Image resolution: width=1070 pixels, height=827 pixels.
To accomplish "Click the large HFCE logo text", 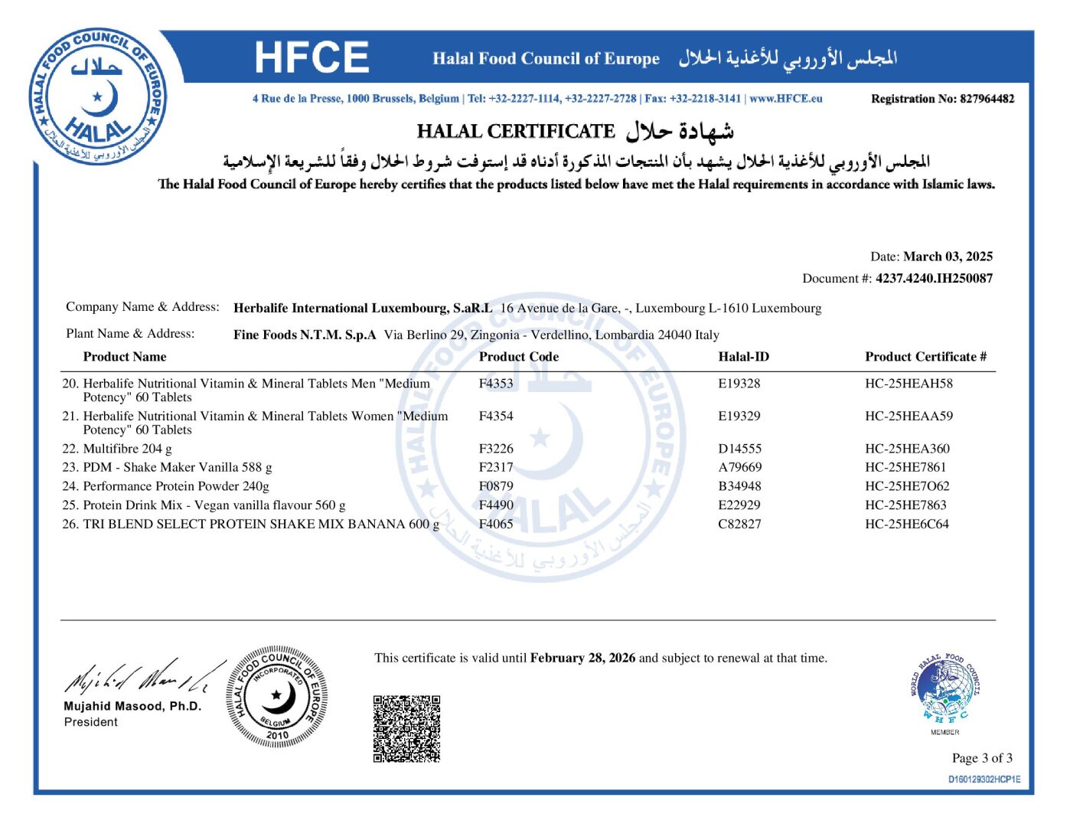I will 312,57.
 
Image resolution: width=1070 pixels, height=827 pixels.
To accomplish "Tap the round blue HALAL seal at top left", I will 98,98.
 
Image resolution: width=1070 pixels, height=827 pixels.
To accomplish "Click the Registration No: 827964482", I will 942,99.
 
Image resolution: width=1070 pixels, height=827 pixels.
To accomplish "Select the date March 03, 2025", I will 948,257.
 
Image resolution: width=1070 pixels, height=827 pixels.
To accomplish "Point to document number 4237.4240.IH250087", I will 934,279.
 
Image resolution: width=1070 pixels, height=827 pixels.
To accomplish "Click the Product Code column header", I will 518,357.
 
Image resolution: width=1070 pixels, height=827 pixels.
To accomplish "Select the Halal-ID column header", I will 743,357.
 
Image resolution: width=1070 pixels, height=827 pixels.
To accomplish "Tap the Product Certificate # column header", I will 925,357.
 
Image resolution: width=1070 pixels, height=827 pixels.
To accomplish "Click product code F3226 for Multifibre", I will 496,449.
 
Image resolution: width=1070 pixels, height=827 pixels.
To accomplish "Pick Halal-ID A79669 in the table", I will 739,467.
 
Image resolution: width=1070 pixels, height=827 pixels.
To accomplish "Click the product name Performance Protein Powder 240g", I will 176,486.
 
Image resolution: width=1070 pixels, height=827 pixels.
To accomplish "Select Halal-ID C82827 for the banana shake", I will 739,525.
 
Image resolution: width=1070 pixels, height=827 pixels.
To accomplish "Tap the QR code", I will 406,728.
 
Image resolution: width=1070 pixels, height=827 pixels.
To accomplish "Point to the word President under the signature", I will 91,722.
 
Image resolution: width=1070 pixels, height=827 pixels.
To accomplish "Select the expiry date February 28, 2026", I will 582,658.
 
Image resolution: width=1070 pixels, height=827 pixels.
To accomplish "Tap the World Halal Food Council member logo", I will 944,690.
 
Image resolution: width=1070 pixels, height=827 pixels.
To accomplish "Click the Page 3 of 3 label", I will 981,758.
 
